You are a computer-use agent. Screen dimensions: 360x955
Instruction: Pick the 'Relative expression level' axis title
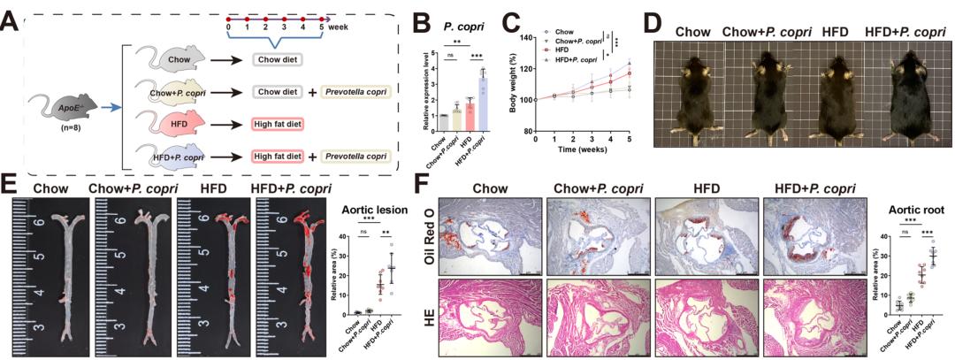pyautogui.click(x=429, y=88)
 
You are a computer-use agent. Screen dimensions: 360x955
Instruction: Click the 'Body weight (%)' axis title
pyautogui.click(x=512, y=84)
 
